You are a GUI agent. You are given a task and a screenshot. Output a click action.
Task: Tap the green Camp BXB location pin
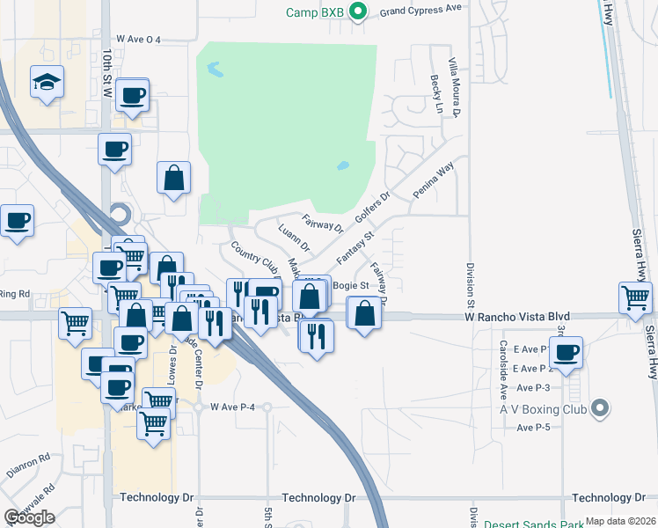click(357, 12)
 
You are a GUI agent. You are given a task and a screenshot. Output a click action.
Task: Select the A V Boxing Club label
click(545, 407)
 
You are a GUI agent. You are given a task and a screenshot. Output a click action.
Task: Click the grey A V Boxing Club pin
click(600, 407)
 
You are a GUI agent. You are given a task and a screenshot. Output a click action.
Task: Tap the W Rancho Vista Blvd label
click(517, 317)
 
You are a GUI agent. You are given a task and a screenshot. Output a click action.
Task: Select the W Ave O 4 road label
click(144, 40)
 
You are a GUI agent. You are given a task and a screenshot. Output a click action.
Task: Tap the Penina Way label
click(434, 178)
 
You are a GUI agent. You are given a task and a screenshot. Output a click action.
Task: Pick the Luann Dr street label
click(294, 238)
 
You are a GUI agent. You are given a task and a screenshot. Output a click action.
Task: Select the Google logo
click(29, 518)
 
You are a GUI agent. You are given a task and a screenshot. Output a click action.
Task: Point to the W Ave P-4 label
click(232, 407)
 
